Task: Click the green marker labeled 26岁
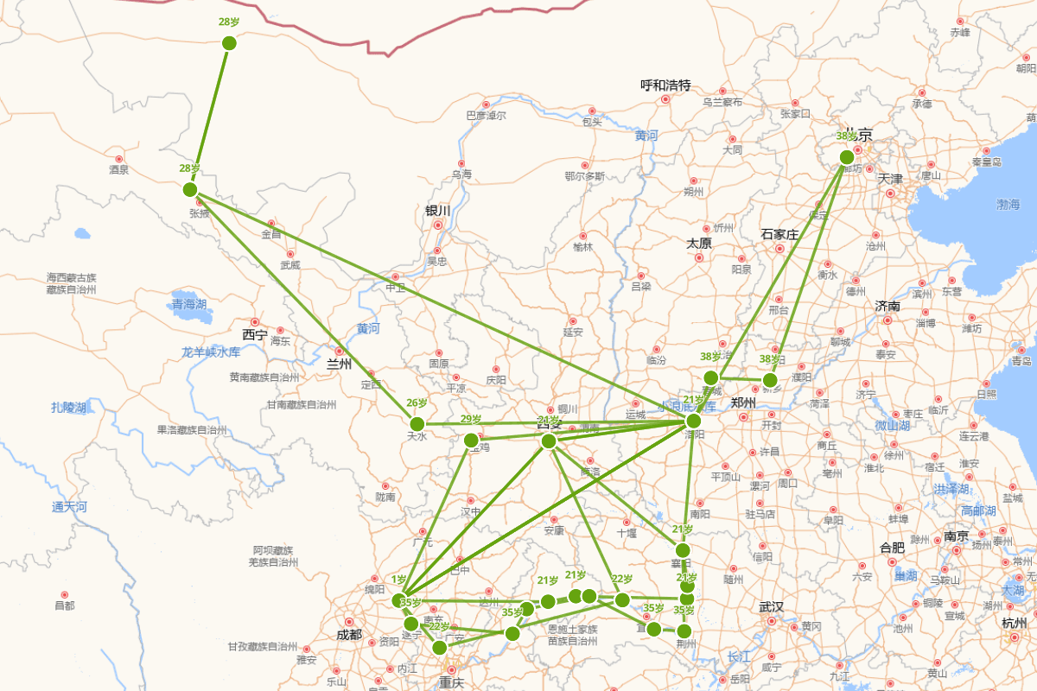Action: click(x=417, y=423)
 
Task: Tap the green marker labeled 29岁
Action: click(x=471, y=441)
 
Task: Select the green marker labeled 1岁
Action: click(x=398, y=600)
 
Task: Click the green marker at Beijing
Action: click(x=847, y=157)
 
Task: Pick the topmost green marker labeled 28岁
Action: click(x=229, y=43)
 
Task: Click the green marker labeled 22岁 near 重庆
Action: click(x=439, y=647)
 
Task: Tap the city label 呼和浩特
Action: click(x=665, y=86)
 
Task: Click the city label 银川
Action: click(x=438, y=211)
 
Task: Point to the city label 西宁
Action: click(x=255, y=334)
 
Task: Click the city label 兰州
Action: click(x=340, y=364)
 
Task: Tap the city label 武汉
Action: click(x=771, y=607)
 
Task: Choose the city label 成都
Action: click(x=350, y=635)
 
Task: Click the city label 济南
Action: click(x=887, y=306)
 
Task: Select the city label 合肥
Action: click(x=892, y=547)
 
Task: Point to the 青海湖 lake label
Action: click(x=188, y=304)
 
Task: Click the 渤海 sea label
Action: click(x=1008, y=205)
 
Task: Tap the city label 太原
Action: click(x=699, y=244)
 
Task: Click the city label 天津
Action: click(x=890, y=179)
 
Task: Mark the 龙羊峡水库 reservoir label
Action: click(x=211, y=352)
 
